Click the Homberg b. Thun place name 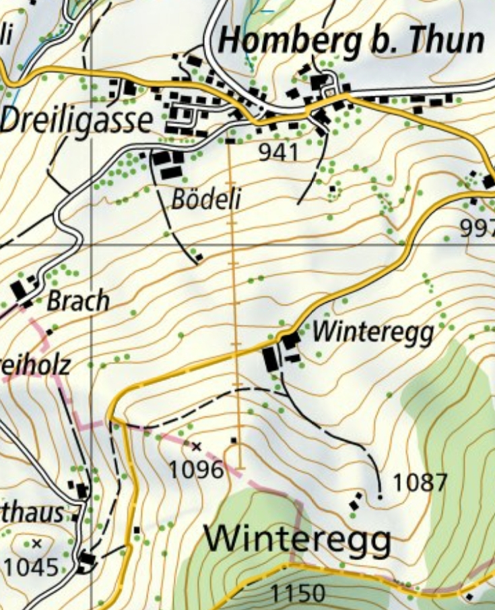(x=352, y=42)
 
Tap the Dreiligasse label (x=76, y=121)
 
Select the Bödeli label (x=205, y=199)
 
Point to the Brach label (x=77, y=301)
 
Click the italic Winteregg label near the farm (x=373, y=332)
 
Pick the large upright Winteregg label (x=298, y=539)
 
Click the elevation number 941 (x=278, y=152)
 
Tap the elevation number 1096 (x=196, y=469)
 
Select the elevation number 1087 (x=420, y=483)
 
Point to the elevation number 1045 (x=31, y=567)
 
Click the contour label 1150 (x=297, y=593)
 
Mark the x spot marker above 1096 (x=197, y=446)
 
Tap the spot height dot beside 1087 (x=381, y=497)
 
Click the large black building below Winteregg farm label (x=271, y=358)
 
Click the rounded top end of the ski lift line (x=240, y=465)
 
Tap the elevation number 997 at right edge (x=477, y=229)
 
